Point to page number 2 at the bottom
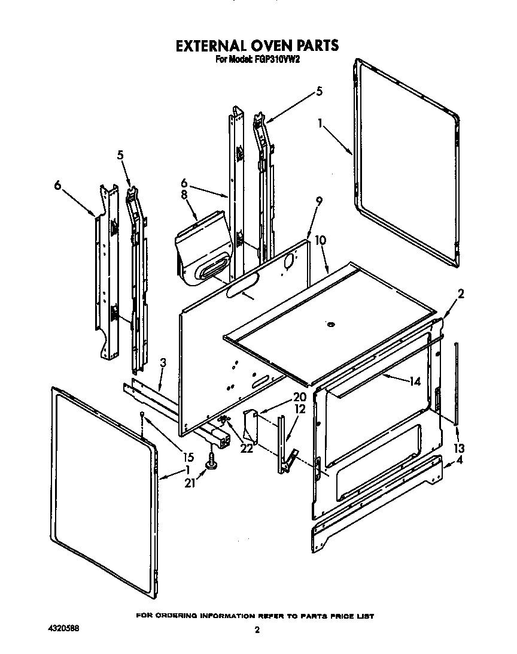click(x=257, y=629)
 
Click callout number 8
click(x=184, y=195)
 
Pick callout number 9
click(x=318, y=202)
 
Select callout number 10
click(x=321, y=240)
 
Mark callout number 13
click(x=460, y=449)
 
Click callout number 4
click(x=459, y=461)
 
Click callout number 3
click(x=162, y=362)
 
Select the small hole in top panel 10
click(x=329, y=325)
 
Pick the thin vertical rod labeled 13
click(x=457, y=383)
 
